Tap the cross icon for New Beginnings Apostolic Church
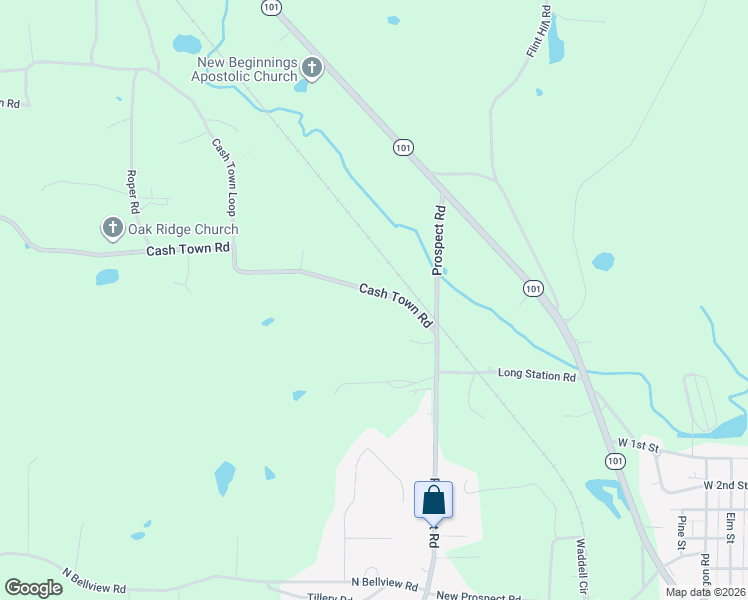tap(311, 69)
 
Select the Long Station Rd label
tap(537, 375)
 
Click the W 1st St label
tap(639, 443)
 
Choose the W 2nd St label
tap(725, 484)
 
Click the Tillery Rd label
tap(331, 597)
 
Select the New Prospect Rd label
tap(479, 596)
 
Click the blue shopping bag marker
tap(434, 499)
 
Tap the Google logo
tap(34, 587)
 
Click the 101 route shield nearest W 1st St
tap(614, 459)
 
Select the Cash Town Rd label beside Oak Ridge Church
tap(188, 248)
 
